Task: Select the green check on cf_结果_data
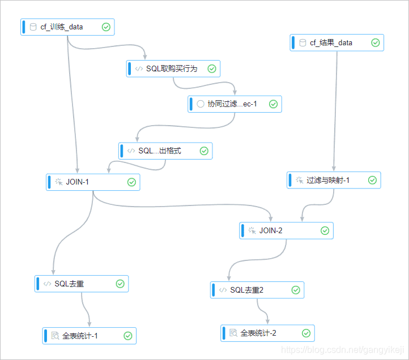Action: [x=375, y=42]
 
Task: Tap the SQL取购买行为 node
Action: [x=172, y=68]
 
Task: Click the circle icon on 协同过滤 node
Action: [x=200, y=104]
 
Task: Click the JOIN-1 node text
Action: [x=78, y=182]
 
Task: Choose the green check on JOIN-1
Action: [x=131, y=182]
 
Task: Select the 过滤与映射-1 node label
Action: [x=328, y=180]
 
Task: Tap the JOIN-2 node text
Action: [x=271, y=230]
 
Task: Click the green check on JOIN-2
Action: [x=325, y=230]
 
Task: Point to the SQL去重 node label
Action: [x=70, y=284]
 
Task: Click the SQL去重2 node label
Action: [x=247, y=290]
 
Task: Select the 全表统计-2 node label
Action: [x=258, y=333]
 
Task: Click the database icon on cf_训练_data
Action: [x=33, y=27]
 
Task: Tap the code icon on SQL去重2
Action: [x=223, y=290]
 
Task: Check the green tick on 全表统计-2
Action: [x=306, y=333]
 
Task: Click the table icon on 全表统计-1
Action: [x=55, y=336]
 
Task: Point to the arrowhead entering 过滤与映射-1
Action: [x=333, y=169]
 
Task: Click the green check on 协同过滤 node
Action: [x=272, y=104]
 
